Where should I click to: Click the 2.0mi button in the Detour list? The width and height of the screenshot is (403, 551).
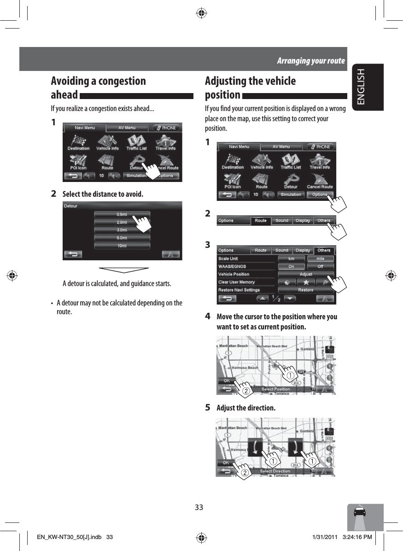(122, 222)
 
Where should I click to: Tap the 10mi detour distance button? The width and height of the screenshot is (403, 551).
(122, 246)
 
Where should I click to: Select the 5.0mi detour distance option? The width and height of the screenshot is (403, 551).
(122, 238)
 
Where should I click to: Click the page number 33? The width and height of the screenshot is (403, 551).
(199, 507)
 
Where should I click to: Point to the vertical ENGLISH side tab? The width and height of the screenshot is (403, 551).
(366, 87)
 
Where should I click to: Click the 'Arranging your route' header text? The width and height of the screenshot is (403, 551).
(310, 61)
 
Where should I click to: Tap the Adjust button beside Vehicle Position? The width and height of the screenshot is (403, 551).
(306, 274)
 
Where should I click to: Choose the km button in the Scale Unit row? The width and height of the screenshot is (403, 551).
(291, 258)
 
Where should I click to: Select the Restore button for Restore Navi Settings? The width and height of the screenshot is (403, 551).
(306, 290)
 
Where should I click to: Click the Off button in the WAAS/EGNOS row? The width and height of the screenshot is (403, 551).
(320, 266)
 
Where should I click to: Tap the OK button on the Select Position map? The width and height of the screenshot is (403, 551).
(227, 381)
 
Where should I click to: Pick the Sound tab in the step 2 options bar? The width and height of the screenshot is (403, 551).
(282, 221)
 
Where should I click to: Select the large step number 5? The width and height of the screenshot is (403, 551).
(208, 408)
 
